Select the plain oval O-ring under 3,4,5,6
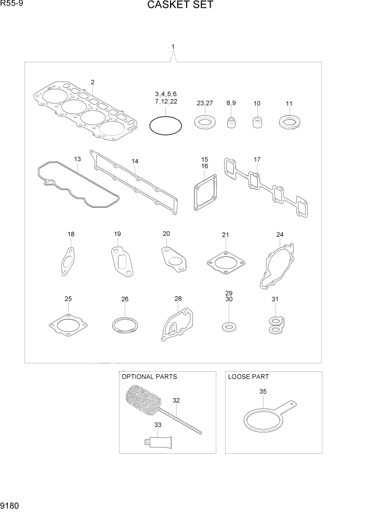coord(166,126)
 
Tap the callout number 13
coord(77,159)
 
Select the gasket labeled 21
coord(225,262)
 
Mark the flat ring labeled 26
coord(125,326)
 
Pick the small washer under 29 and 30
coord(228,327)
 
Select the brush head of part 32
coord(144,401)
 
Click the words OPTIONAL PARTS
coord(149,376)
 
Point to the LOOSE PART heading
coord(249,376)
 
